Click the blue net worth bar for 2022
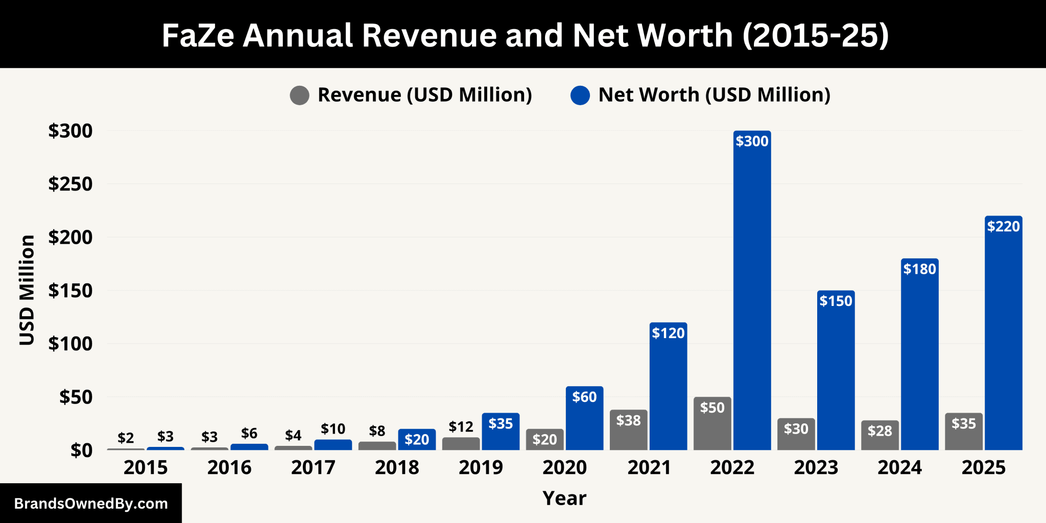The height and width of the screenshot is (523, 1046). pyautogui.click(x=752, y=296)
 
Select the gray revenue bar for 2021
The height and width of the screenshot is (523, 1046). pyautogui.click(x=628, y=434)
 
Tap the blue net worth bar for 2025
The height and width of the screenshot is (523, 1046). pyautogui.click(x=1003, y=337)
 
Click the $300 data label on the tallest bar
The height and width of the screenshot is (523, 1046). pyautogui.click(x=752, y=141)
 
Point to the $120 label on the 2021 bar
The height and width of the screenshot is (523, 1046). pyautogui.click(x=668, y=334)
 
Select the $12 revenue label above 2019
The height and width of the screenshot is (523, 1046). pyautogui.click(x=461, y=426)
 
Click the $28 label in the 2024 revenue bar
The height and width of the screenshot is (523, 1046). pyautogui.click(x=879, y=431)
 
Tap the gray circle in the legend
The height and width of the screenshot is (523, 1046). pyautogui.click(x=299, y=96)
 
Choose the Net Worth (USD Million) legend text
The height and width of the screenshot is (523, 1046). pyautogui.click(x=714, y=95)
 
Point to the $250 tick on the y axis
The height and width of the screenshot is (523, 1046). pyautogui.click(x=70, y=184)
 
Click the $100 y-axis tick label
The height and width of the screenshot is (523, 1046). pyautogui.click(x=70, y=344)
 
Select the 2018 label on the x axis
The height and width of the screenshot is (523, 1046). pyautogui.click(x=397, y=467)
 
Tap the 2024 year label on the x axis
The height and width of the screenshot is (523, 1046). pyautogui.click(x=899, y=467)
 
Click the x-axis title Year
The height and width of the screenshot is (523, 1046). pyautogui.click(x=564, y=498)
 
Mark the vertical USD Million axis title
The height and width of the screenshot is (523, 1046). pyautogui.click(x=27, y=290)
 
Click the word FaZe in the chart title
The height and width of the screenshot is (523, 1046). pyautogui.click(x=197, y=35)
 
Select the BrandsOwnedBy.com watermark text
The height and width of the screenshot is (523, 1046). pyautogui.click(x=91, y=504)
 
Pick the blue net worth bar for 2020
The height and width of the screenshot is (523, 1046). pyautogui.click(x=584, y=424)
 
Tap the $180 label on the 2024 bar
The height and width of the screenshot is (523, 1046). pyautogui.click(x=919, y=269)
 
